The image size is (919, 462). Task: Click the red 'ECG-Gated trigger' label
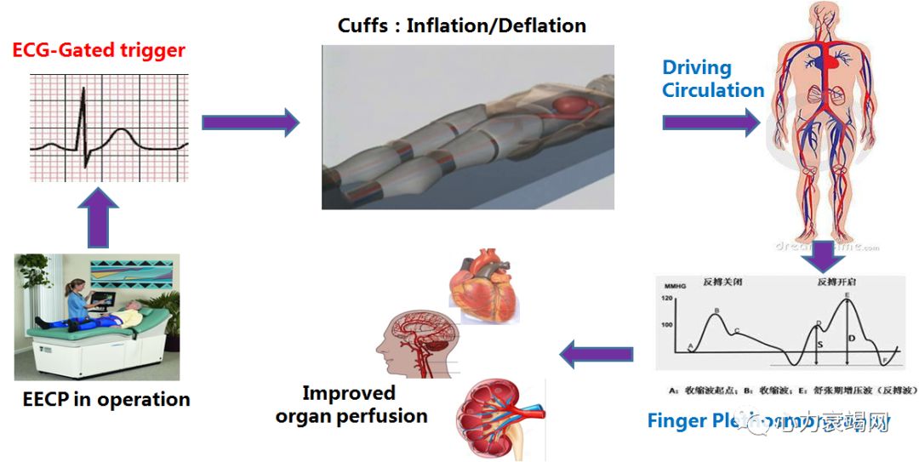pyautogui.click(x=99, y=49)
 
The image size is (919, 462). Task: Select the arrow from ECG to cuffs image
pyautogui.click(x=250, y=123)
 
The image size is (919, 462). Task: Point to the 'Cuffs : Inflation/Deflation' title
pyautogui.click(x=461, y=26)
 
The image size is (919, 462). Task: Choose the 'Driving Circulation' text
pyautogui.click(x=713, y=79)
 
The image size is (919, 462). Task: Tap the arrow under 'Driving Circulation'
pyautogui.click(x=711, y=123)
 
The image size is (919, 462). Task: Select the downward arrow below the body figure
pyautogui.click(x=821, y=256)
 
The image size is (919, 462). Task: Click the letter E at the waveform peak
pyautogui.click(x=848, y=295)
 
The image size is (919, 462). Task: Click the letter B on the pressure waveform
pyautogui.click(x=716, y=311)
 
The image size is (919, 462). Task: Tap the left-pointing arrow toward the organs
pyautogui.click(x=596, y=353)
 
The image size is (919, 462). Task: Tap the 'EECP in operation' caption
pyautogui.click(x=106, y=399)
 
